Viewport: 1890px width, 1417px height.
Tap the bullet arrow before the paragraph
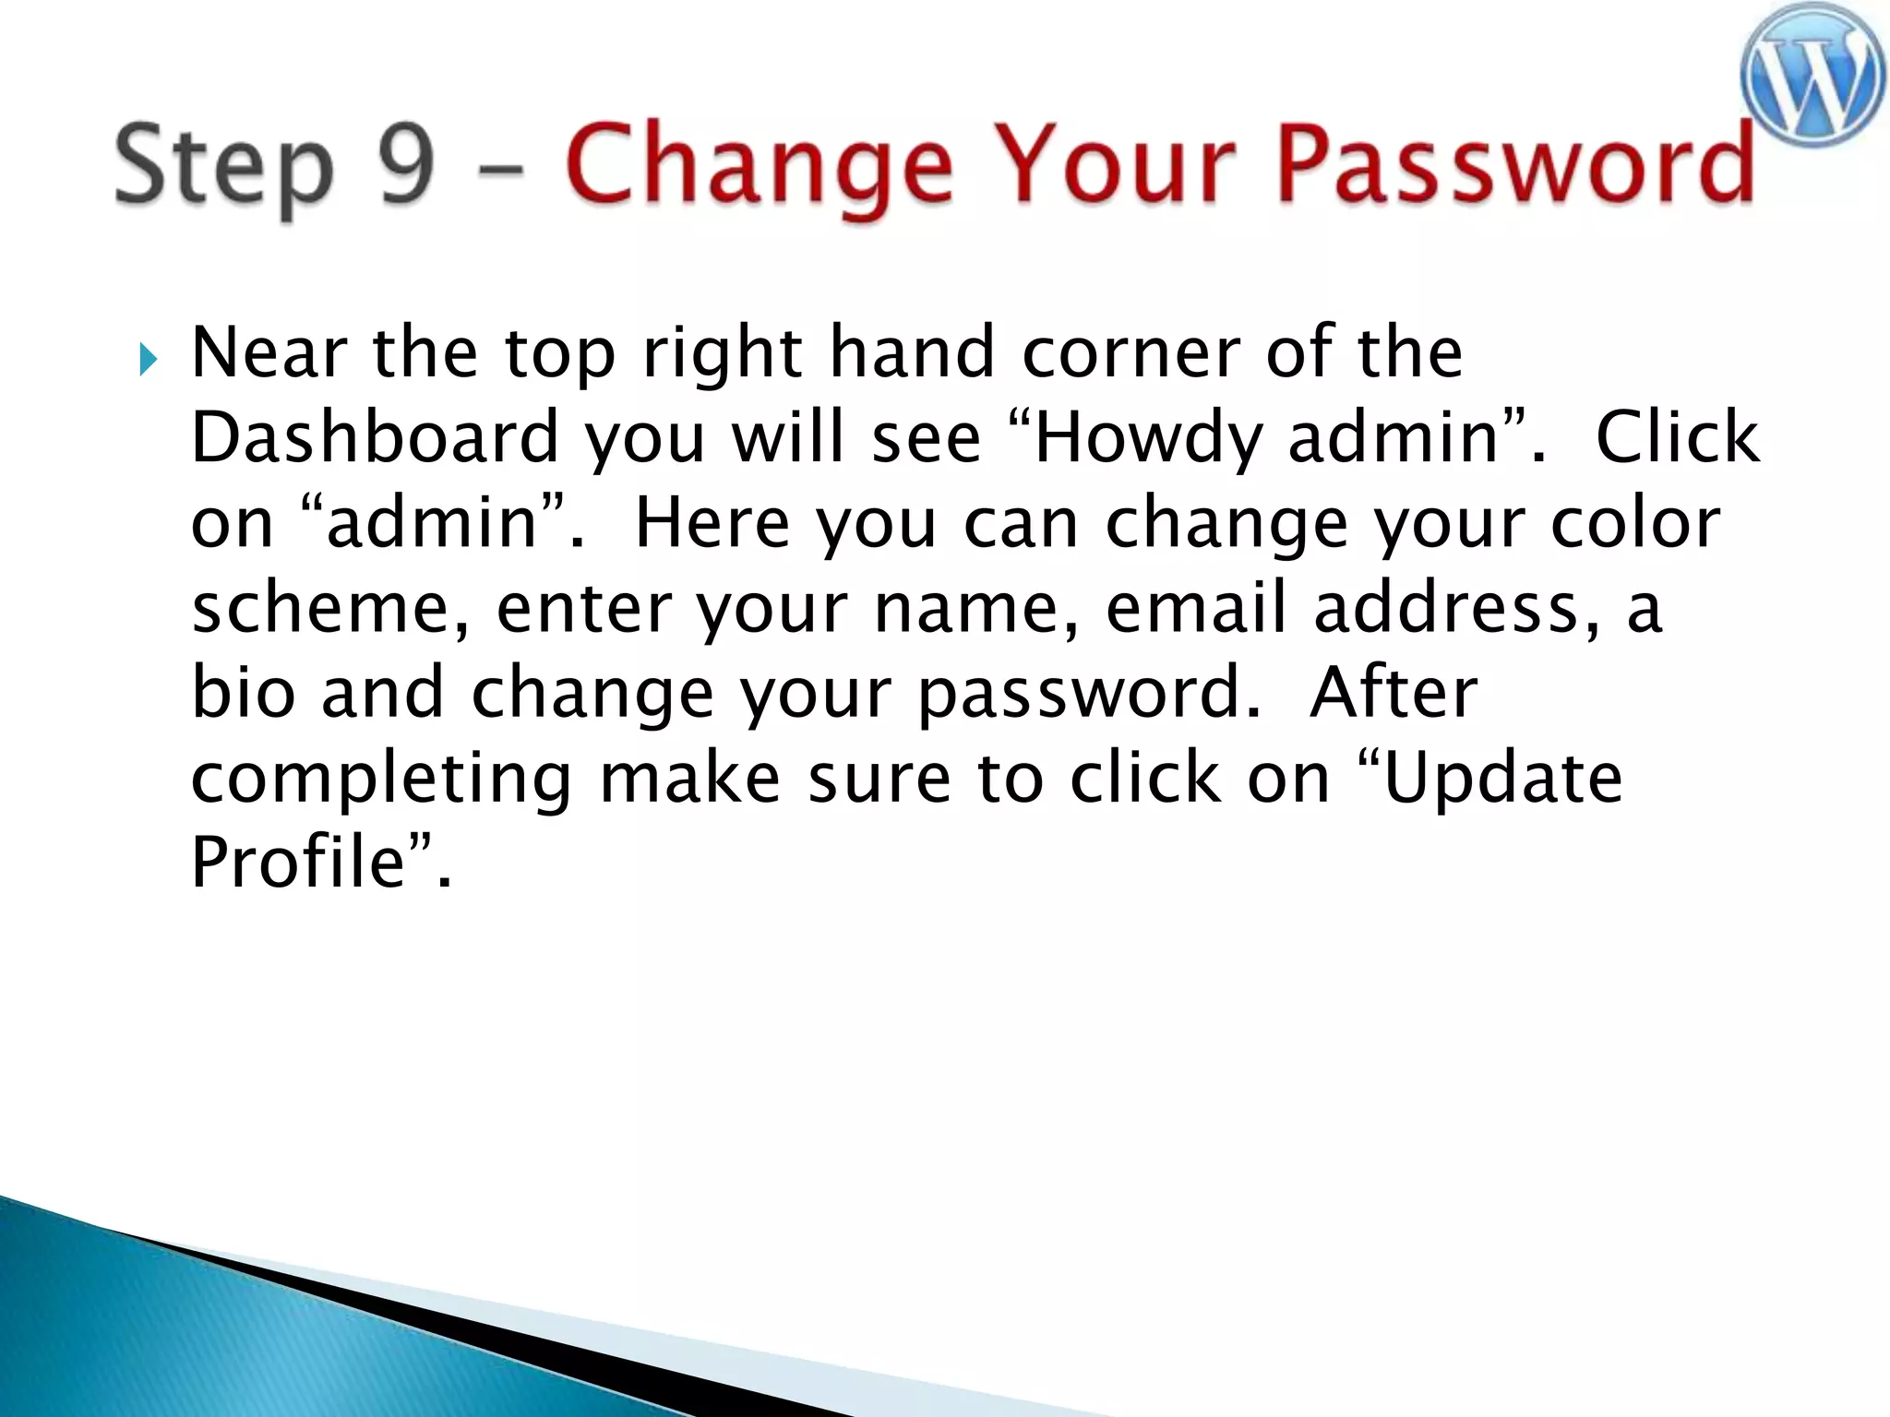(x=148, y=359)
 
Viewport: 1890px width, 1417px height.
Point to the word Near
(x=269, y=352)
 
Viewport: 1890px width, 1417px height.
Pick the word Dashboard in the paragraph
(x=375, y=437)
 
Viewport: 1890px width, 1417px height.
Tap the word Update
(x=1503, y=778)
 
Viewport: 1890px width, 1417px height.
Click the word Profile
(x=298, y=862)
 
